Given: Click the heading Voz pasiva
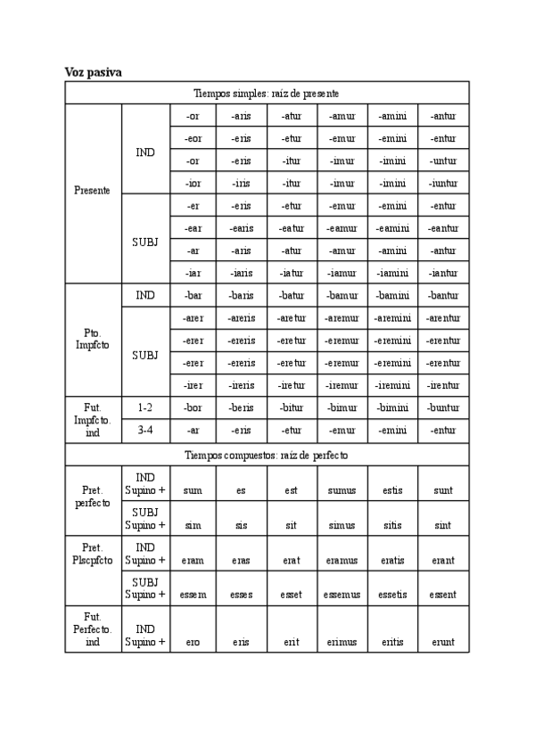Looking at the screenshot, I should [x=93, y=71].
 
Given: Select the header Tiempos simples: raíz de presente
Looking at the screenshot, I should [x=267, y=93].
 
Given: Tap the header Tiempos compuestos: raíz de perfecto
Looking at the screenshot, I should [x=267, y=455].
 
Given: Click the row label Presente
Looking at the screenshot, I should [x=93, y=191].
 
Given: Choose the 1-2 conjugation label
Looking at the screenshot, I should [x=145, y=407].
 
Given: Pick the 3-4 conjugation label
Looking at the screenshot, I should [x=145, y=430].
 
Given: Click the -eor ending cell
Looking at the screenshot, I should [x=193, y=138].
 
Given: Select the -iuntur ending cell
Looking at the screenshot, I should [x=443, y=183].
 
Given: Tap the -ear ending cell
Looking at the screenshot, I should [x=193, y=228].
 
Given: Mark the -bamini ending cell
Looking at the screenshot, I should [x=392, y=295].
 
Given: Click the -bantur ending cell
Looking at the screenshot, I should [x=443, y=295].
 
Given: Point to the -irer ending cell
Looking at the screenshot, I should [x=193, y=385].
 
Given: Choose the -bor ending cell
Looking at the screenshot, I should [x=193, y=407].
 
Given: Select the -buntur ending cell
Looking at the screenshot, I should [x=443, y=407].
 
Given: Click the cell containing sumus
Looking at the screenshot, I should [x=342, y=490].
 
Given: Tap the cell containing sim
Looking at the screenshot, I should [x=193, y=526].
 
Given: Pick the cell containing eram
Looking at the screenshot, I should [x=193, y=561].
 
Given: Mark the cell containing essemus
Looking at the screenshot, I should [x=342, y=594].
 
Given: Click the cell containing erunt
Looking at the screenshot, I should [x=443, y=641].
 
